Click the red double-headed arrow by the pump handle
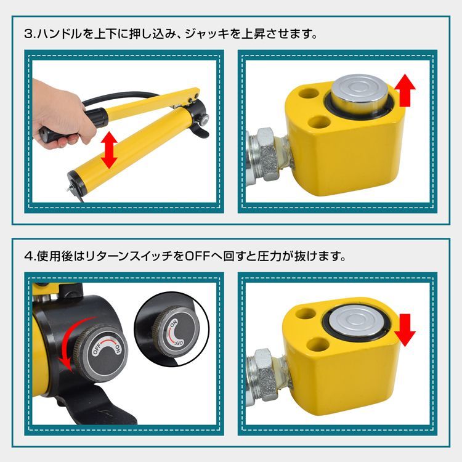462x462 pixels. pos(109,148)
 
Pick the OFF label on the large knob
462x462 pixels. pos(98,350)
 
